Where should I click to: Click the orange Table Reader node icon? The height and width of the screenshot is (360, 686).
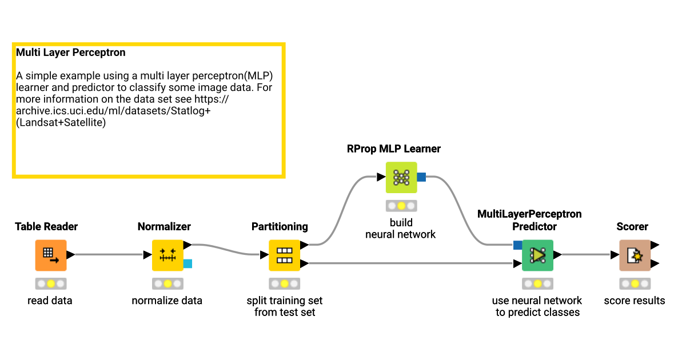[51, 255]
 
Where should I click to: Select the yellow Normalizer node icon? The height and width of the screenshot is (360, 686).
[167, 255]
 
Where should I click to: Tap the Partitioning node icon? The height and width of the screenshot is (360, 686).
[284, 255]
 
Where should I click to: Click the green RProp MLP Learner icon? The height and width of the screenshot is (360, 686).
[401, 177]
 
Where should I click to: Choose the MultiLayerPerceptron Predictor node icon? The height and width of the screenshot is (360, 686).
[537, 255]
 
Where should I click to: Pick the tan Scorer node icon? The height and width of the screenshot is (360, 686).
[635, 255]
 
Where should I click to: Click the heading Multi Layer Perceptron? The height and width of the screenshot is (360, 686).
[71, 53]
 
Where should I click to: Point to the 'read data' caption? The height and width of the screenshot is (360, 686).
[50, 301]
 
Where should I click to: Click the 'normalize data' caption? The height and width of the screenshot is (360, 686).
[167, 301]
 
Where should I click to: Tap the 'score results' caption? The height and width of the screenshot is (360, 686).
[635, 301]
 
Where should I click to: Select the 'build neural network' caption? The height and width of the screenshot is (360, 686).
[401, 229]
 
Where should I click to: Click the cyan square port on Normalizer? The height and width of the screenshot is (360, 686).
[188, 263]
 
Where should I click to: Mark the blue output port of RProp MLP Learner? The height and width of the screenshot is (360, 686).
[421, 177]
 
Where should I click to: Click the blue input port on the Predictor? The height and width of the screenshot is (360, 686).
[517, 245]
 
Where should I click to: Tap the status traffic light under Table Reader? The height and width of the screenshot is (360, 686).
[51, 283]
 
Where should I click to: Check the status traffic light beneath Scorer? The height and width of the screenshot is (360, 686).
[635, 283]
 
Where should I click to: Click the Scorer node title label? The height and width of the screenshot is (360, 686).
[632, 227]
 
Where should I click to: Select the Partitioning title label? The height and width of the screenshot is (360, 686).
[280, 227]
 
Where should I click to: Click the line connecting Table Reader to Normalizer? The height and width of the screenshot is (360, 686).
[109, 255]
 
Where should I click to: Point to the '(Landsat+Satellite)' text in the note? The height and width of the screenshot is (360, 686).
[61, 122]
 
